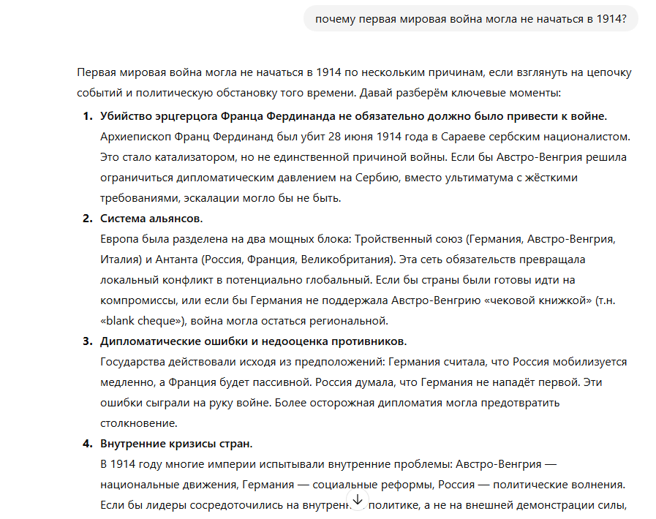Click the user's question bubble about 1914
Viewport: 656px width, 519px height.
(x=470, y=18)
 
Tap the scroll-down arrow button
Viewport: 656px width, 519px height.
(x=358, y=500)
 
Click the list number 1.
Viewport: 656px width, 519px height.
(x=87, y=116)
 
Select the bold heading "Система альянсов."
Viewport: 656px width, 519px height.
(x=151, y=219)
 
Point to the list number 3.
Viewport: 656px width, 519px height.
(x=87, y=341)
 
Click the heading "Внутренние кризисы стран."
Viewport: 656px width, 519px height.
(x=176, y=444)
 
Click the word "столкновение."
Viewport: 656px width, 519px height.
(x=138, y=423)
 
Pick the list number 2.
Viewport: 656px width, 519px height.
(x=87, y=219)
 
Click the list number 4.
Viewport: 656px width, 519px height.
(x=87, y=444)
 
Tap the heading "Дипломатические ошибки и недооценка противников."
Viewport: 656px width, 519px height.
(x=253, y=341)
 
